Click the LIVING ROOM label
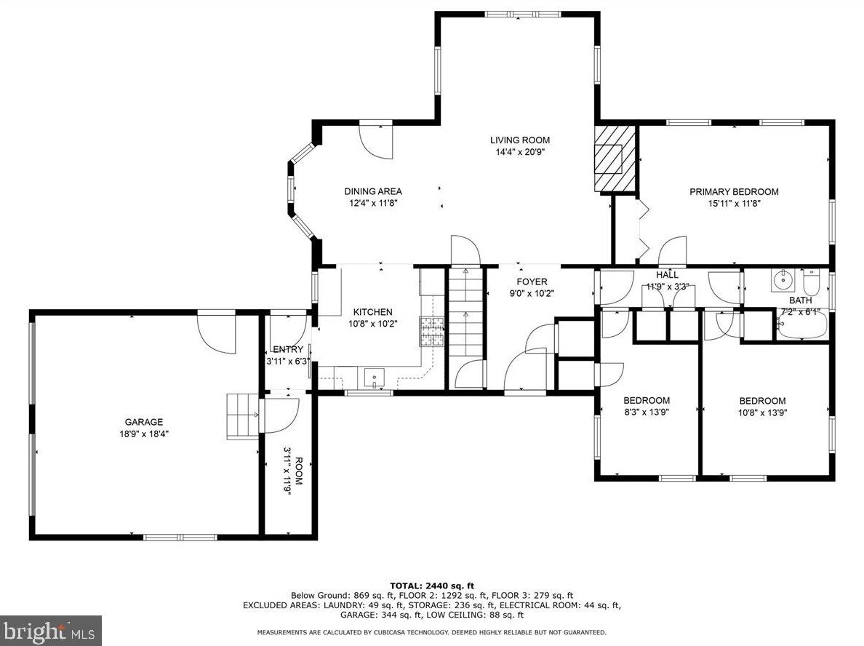point(520,140)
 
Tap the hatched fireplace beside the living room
point(615,159)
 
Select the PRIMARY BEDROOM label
point(734,192)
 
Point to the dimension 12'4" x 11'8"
point(373,203)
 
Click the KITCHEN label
point(373,312)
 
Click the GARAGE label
point(144,422)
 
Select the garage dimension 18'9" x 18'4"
point(144,434)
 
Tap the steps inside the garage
point(242,416)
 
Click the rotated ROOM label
point(298,471)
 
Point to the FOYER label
point(532,282)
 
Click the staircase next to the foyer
point(465,311)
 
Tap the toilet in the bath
point(812,282)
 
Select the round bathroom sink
point(781,281)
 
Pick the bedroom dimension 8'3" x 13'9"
point(647,412)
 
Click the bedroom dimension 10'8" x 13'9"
point(763,412)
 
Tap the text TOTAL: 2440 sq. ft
point(432,586)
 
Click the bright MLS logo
point(51,631)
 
